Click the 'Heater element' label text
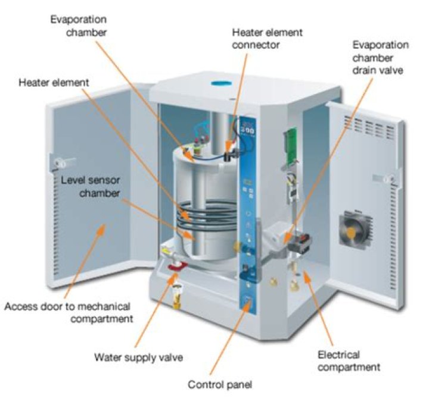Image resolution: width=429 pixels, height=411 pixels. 53,83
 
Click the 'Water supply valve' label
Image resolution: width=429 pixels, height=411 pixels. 139,357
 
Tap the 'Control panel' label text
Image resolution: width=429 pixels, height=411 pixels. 220,384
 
